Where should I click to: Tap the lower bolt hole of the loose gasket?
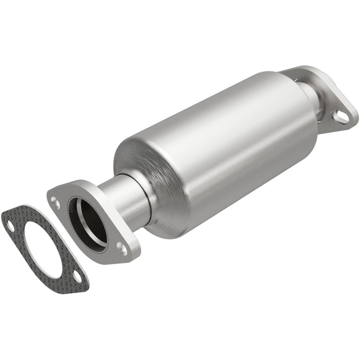[x=77, y=277]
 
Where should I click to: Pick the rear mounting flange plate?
[x=334, y=98]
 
